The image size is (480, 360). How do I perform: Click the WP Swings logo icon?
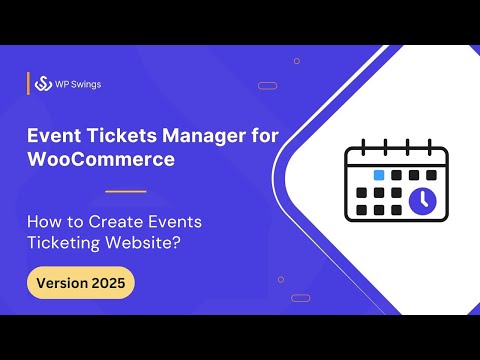tap(43, 84)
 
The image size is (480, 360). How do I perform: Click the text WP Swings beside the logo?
tap(78, 84)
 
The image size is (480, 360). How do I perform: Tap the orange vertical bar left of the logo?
tap(28, 84)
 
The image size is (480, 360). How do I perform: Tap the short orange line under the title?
tap(125, 190)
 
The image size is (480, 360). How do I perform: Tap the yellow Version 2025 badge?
tap(80, 283)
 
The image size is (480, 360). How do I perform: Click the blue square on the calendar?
tap(379, 174)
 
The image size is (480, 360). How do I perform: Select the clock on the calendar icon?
tap(421, 201)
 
